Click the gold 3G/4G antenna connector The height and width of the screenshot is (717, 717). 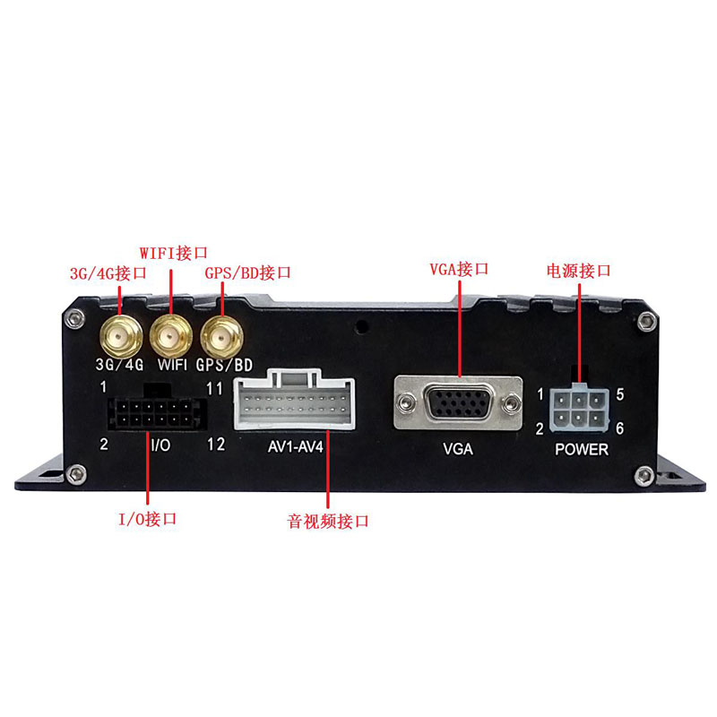pyautogui.click(x=121, y=338)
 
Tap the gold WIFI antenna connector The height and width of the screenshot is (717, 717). pyautogui.click(x=171, y=337)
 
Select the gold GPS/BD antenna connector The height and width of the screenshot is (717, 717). pyautogui.click(x=221, y=338)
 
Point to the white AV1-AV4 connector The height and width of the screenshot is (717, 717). pyautogui.click(x=294, y=401)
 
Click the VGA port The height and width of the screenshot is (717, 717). pyautogui.click(x=458, y=402)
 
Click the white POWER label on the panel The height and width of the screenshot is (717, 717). pyautogui.click(x=582, y=449)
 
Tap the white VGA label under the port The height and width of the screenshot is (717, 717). pyautogui.click(x=458, y=449)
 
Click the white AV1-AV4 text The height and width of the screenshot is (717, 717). pyautogui.click(x=296, y=446)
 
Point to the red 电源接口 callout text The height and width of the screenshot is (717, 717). pyautogui.click(x=578, y=271)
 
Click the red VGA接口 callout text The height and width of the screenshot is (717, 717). pyautogui.click(x=459, y=269)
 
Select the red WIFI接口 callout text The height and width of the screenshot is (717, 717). pyautogui.click(x=173, y=253)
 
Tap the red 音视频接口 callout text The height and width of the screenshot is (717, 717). pyautogui.click(x=328, y=521)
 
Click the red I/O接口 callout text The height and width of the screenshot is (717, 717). pyautogui.click(x=147, y=519)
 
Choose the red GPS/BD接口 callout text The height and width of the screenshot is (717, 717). pyautogui.click(x=247, y=273)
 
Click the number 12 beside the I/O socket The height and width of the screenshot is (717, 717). pyautogui.click(x=216, y=444)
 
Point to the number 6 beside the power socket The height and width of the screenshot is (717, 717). pyautogui.click(x=619, y=428)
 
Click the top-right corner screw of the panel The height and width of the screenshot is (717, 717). pyautogui.click(x=646, y=322)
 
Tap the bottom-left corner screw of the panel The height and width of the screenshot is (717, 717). pyautogui.click(x=75, y=474)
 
